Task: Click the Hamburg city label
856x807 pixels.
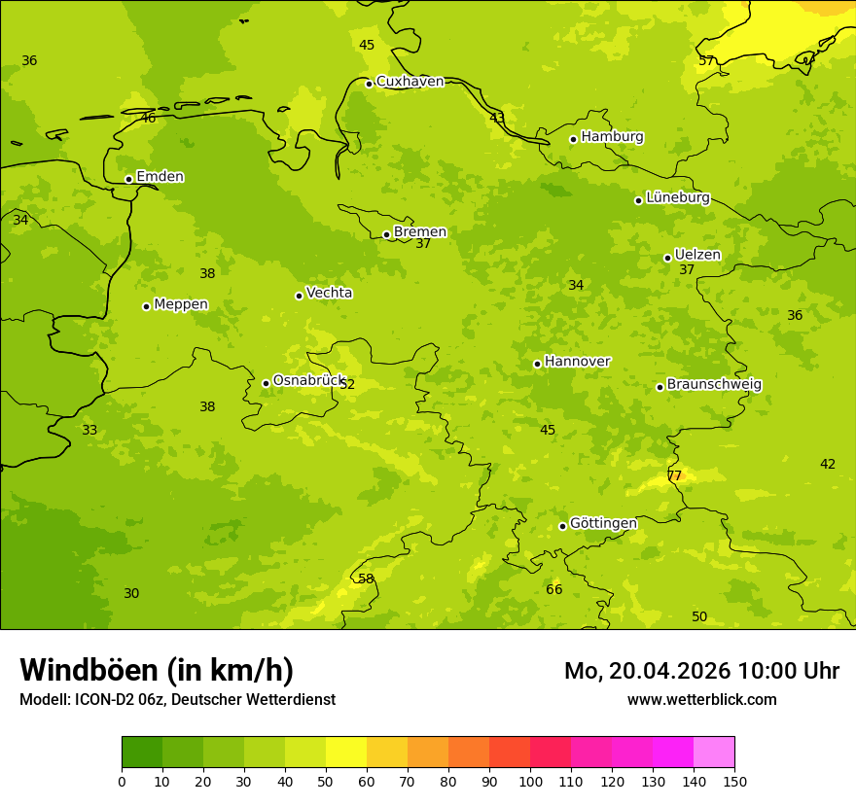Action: point(612,137)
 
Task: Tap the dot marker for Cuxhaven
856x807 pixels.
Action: point(369,84)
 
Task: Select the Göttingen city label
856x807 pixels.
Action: point(603,524)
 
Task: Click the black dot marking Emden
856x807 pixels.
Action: point(128,179)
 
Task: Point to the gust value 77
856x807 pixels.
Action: point(674,475)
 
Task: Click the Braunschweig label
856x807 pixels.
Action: point(714,385)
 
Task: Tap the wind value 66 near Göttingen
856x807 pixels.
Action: point(553,589)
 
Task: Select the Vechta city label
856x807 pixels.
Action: point(329,293)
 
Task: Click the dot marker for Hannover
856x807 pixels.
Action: point(537,364)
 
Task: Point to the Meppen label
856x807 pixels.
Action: point(181,304)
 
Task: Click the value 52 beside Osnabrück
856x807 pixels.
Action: point(347,384)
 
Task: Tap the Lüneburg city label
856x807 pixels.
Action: point(677,197)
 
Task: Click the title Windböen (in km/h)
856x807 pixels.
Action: point(157,670)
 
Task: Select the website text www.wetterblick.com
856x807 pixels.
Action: point(701,699)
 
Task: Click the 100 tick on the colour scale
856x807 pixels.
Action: point(530,781)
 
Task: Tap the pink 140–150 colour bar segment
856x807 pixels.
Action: point(714,752)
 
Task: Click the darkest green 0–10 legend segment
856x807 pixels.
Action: point(142,752)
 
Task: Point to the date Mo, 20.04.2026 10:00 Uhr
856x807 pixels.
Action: point(701,671)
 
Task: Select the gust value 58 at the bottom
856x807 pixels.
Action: point(366,579)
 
